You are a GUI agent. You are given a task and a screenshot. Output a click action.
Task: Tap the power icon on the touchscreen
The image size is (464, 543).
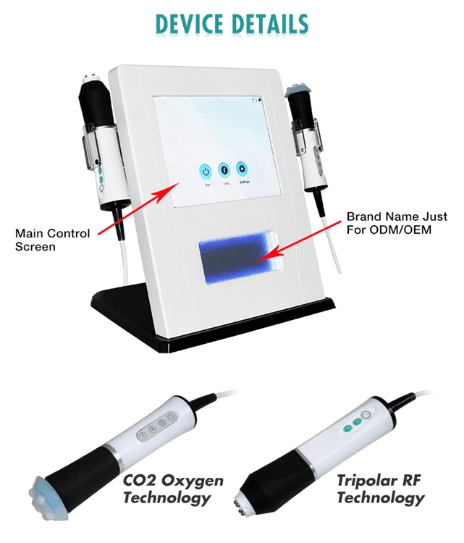pos(206,171)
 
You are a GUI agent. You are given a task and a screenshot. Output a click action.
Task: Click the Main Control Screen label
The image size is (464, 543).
pos(53,240)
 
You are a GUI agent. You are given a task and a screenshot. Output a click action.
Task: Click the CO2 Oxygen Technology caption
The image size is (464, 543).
pos(173,489)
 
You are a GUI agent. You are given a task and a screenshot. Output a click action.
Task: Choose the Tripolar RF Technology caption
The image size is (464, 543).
pos(380,489)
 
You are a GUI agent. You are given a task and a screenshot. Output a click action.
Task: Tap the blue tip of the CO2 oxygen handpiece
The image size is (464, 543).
pos(51,492)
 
